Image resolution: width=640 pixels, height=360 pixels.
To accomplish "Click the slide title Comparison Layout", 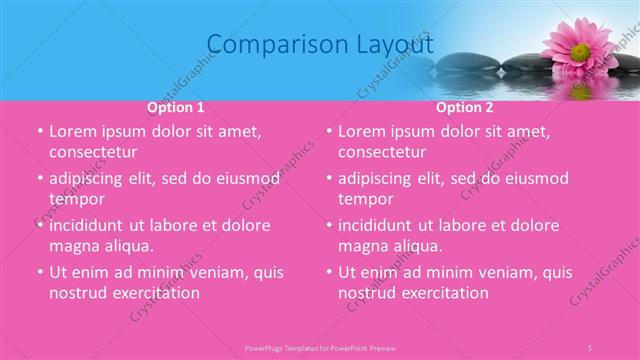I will [x=320, y=45].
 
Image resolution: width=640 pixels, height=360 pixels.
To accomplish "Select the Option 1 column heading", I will [x=176, y=107].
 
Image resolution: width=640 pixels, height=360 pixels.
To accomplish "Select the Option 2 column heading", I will [x=465, y=107].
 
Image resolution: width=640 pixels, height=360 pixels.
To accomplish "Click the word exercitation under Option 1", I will [x=156, y=293].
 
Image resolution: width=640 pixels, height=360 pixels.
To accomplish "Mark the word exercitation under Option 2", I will [x=445, y=293].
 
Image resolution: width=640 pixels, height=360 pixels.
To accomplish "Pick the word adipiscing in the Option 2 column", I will [x=379, y=178].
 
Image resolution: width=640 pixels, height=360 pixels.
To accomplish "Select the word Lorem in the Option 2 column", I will [x=361, y=131].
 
